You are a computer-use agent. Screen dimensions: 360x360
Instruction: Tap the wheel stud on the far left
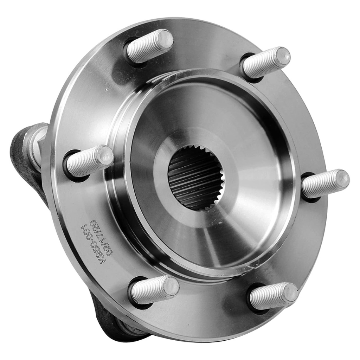click(90, 160)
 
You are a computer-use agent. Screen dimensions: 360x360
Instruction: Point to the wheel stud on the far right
click(325, 183)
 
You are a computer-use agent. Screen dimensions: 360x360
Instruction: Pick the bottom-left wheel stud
click(155, 290)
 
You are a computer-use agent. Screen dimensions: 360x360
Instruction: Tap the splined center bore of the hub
click(195, 178)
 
